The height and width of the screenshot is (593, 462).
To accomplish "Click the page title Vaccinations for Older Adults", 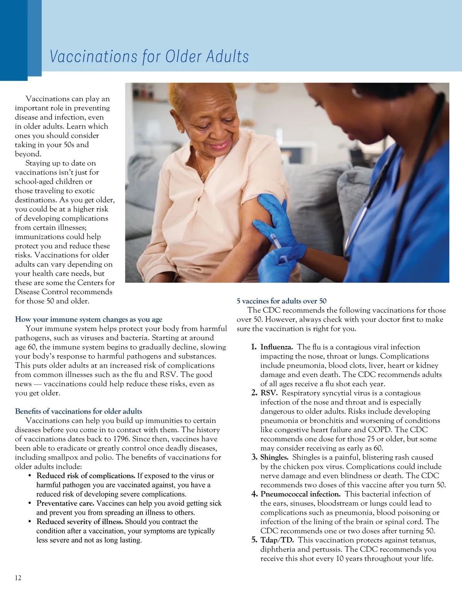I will click(149, 56).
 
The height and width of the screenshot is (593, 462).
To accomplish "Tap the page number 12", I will click(18, 578).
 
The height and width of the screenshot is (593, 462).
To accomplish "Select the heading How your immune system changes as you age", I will click(89, 319).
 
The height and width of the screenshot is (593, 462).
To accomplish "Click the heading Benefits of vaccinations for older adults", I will click(79, 411).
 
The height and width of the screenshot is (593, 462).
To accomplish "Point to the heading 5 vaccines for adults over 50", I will click(281, 301).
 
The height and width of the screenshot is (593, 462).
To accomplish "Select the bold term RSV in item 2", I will click(269, 393).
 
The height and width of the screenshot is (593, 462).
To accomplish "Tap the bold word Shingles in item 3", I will click(274, 457).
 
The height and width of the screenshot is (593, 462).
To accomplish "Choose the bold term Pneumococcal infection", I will click(300, 494).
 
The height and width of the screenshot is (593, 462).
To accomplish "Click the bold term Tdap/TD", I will click(277, 540).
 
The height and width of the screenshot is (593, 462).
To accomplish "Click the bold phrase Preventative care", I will click(65, 503).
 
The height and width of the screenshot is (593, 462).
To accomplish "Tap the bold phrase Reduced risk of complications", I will click(85, 476).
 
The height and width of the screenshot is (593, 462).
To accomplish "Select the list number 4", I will click(254, 494).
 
